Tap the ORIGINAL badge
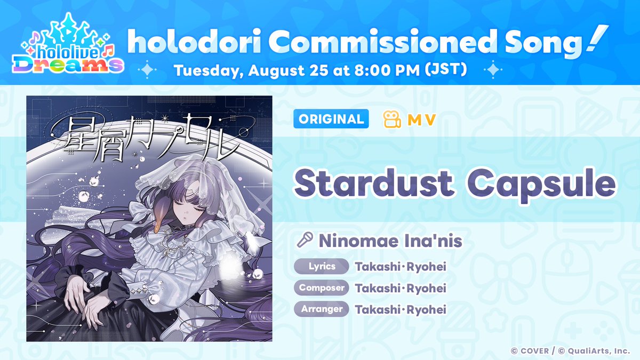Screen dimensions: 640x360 pyautogui.click(x=331, y=119)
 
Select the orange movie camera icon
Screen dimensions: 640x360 pyautogui.click(x=392, y=119)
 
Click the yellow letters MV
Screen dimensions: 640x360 pyautogui.click(x=421, y=119)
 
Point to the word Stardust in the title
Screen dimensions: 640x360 pyautogui.click(x=374, y=182)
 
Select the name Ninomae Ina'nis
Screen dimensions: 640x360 pyautogui.click(x=390, y=241)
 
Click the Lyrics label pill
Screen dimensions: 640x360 pyautogui.click(x=322, y=266)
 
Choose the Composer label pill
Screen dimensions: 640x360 pyautogui.click(x=322, y=287)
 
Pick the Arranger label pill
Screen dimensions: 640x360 pyautogui.click(x=322, y=309)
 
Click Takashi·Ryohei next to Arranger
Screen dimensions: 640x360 pyautogui.click(x=401, y=310)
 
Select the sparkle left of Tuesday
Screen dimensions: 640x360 pyautogui.click(x=147, y=69)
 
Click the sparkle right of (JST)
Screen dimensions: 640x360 pyautogui.click(x=493, y=69)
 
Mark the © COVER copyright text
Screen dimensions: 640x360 pyautogui.click(x=530, y=351)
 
